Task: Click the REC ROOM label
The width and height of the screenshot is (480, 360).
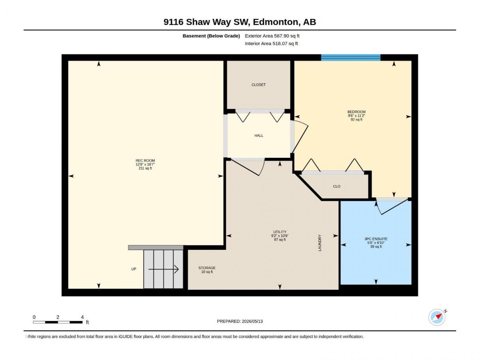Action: tap(145, 160)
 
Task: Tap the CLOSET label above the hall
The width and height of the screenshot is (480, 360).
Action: tap(259, 84)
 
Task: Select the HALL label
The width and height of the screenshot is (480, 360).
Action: tap(259, 135)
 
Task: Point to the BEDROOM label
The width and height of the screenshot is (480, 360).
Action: tap(356, 112)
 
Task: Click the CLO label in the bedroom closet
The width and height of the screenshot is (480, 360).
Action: tap(337, 186)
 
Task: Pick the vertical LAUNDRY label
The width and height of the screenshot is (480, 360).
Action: tap(320, 243)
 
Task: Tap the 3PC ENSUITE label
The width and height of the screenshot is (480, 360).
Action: tap(376, 239)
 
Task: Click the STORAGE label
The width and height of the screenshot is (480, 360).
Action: tap(207, 268)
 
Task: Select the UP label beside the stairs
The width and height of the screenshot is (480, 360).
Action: tap(133, 269)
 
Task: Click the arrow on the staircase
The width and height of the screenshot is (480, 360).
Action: tap(163, 269)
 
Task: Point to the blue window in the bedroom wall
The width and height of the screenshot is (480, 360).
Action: tap(351, 58)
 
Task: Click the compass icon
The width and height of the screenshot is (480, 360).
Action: tap(437, 317)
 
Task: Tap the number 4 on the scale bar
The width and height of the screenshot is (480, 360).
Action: tap(82, 317)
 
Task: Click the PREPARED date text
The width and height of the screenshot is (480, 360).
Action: tap(240, 321)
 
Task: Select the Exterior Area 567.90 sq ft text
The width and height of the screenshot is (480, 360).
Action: tap(272, 36)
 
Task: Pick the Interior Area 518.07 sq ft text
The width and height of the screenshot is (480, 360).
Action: tap(271, 43)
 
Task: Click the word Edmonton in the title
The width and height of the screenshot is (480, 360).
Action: tap(276, 22)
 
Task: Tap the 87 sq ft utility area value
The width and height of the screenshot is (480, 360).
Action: tap(280, 240)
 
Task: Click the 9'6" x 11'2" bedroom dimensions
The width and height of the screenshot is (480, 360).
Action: tap(356, 116)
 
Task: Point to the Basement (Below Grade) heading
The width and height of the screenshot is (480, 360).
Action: tap(211, 36)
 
